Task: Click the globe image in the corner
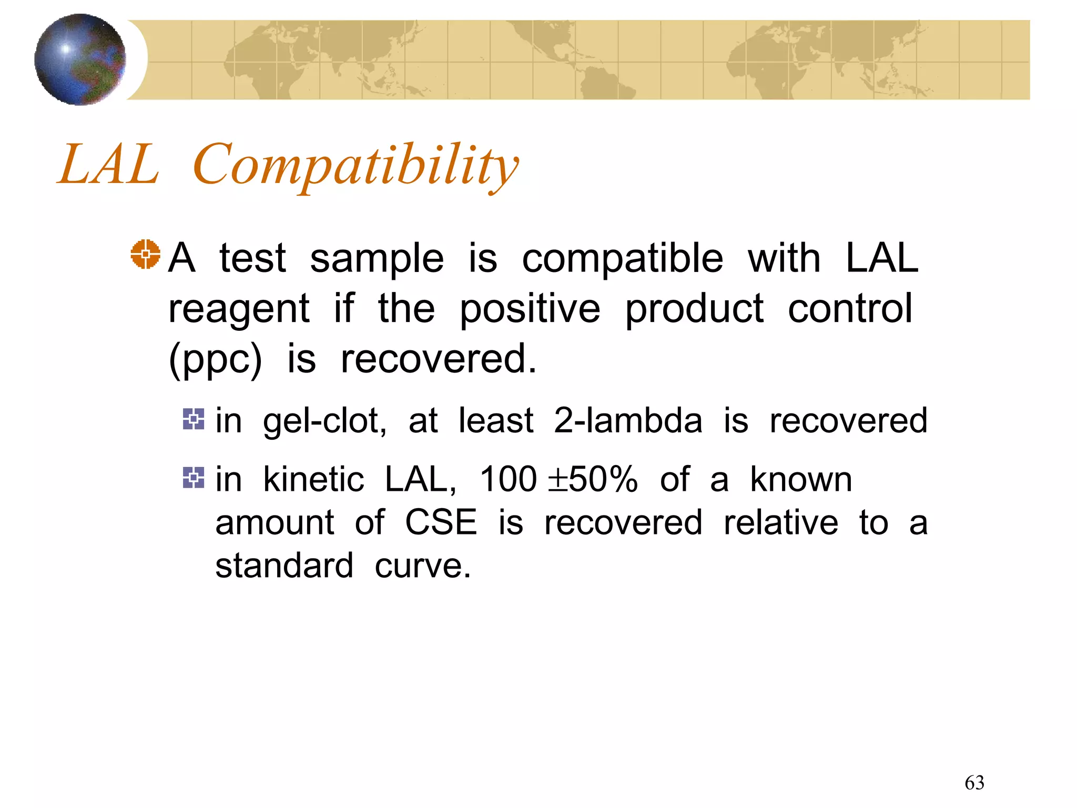click(80, 59)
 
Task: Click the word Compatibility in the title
click(356, 166)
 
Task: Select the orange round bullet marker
click(145, 254)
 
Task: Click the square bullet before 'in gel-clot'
click(193, 419)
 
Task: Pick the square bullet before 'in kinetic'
click(193, 478)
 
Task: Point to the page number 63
click(974, 783)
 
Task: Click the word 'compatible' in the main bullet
click(622, 259)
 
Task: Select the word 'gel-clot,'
click(324, 421)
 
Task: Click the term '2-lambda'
click(628, 421)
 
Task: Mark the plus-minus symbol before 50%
click(557, 480)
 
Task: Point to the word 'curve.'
click(422, 566)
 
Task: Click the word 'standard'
click(284, 566)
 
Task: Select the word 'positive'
click(530, 309)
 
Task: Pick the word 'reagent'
click(239, 309)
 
